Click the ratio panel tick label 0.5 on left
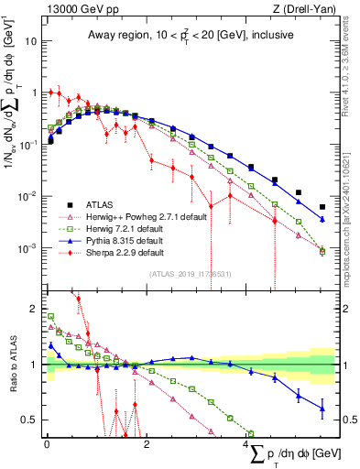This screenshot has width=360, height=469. pos(30,420)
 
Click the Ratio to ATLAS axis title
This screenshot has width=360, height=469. pos(11,365)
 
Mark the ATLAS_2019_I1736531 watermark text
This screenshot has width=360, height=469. pos(190,274)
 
